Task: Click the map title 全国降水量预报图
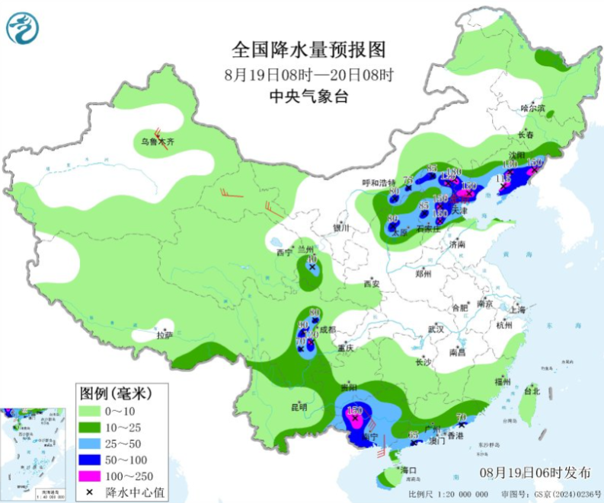pos(308,51)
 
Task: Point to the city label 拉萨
pos(165,335)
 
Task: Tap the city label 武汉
pos(436,329)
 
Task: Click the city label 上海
pos(518,310)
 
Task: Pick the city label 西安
pos(371,284)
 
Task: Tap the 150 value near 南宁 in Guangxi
pos(353,411)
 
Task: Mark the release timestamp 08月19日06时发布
pos(535,472)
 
